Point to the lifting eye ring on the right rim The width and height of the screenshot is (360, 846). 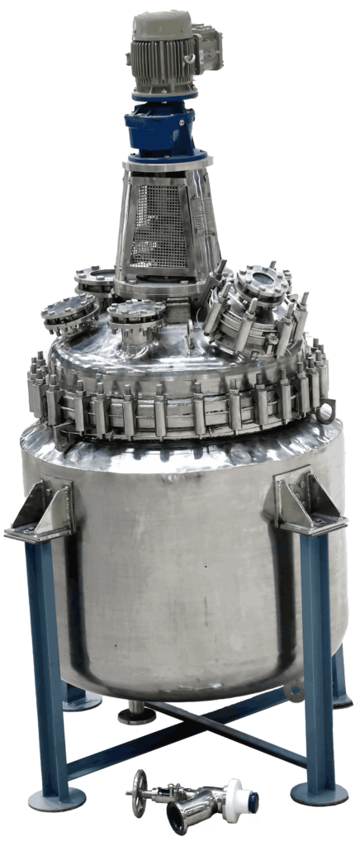(x=329, y=407)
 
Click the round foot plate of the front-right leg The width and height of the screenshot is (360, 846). (x=319, y=794)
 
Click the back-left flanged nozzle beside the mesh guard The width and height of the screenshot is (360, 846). (x=95, y=278)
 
